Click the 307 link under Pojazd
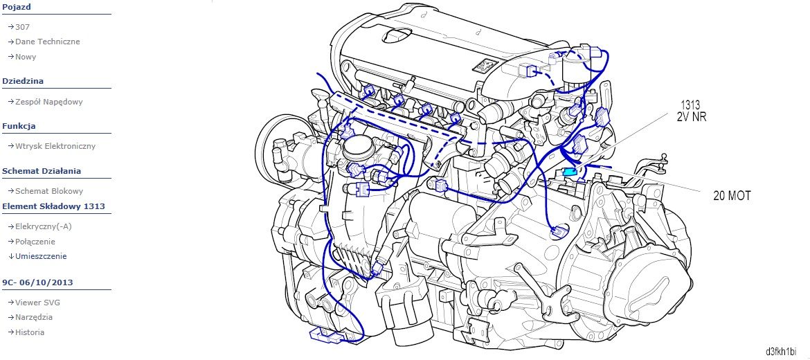click(22, 27)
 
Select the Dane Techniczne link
click(48, 42)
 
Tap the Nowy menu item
click(26, 57)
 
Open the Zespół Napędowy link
click(49, 102)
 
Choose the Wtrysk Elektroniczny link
click(55, 146)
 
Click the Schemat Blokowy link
click(49, 191)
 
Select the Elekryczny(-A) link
click(44, 227)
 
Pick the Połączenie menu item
click(35, 242)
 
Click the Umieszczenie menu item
click(41, 256)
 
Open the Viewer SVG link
click(37, 303)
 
